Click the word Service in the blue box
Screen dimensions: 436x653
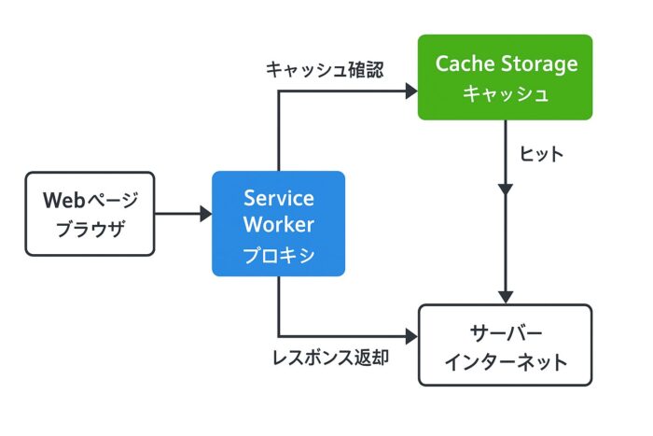[x=278, y=198]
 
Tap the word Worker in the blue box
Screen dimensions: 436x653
[x=278, y=225]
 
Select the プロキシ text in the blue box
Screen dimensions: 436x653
[x=278, y=254]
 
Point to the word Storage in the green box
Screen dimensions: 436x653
[x=539, y=64]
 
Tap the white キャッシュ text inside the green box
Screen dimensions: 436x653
[x=505, y=93]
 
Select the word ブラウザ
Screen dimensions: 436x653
[x=90, y=227]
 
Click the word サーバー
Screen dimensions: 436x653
[x=505, y=332]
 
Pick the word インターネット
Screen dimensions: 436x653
[x=505, y=361]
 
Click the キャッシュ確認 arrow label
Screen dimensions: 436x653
[x=324, y=69]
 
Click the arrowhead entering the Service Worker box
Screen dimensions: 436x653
[x=205, y=214]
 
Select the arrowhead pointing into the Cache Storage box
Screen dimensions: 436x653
[x=410, y=91]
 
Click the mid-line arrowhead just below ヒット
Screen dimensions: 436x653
[x=505, y=189]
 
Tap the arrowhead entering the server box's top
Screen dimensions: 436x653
[x=505, y=297]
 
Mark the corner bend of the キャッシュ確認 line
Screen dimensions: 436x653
[x=279, y=91]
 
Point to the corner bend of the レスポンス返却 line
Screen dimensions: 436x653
[x=279, y=335]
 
